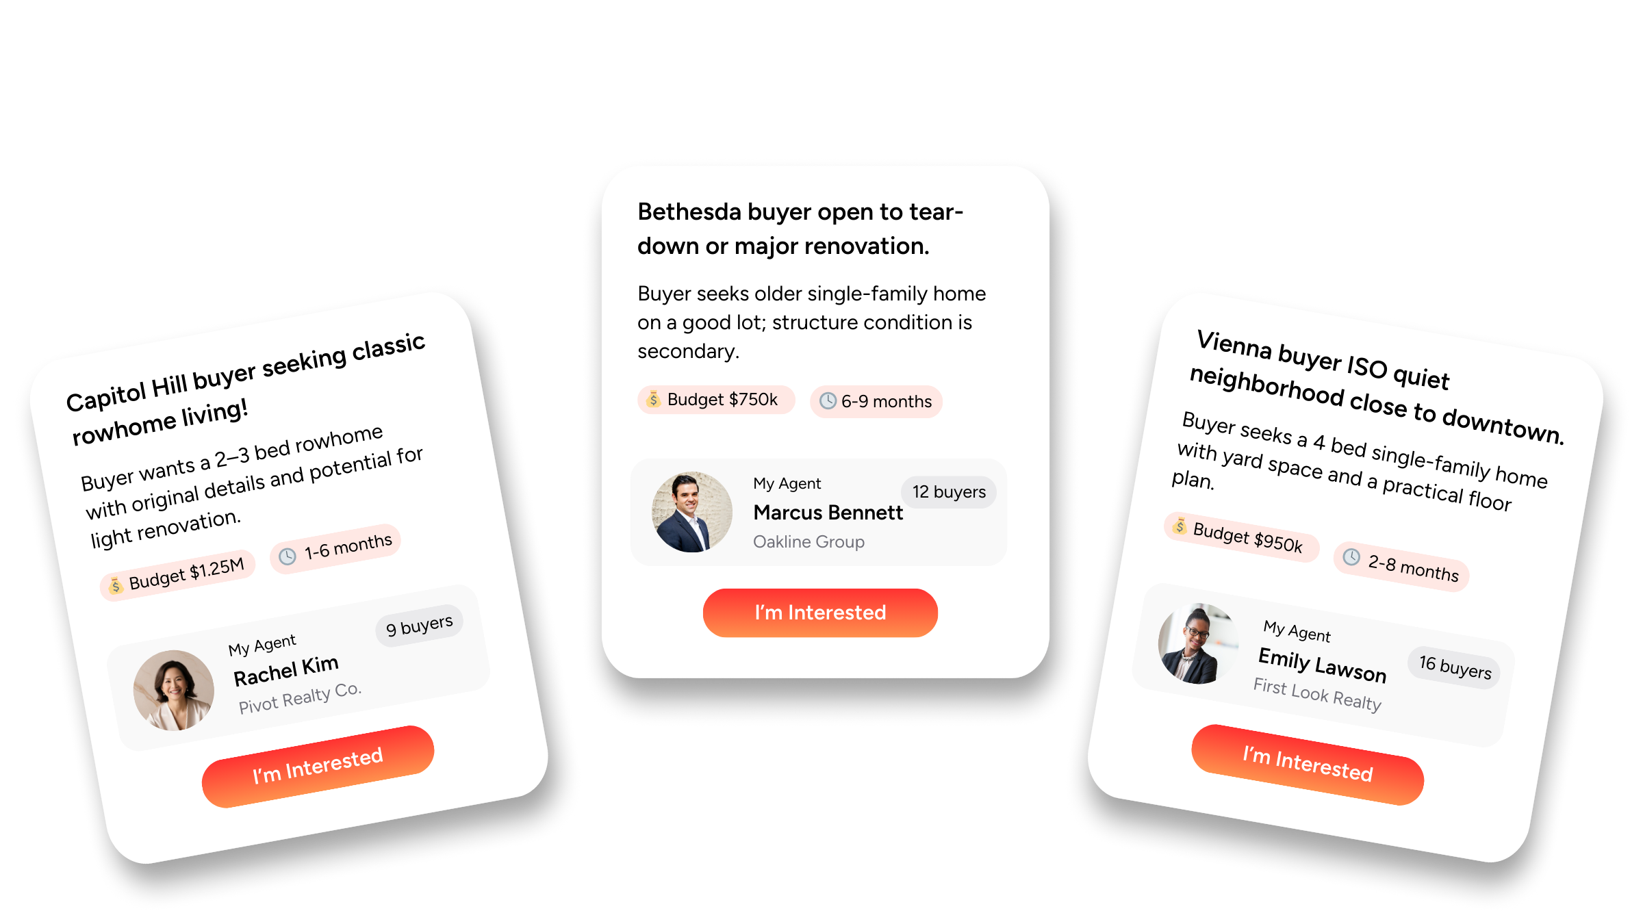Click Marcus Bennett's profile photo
pyautogui.click(x=691, y=512)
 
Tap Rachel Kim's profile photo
pyautogui.click(x=174, y=690)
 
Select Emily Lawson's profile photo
pyautogui.click(x=1198, y=643)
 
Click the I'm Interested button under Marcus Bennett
pyautogui.click(x=820, y=613)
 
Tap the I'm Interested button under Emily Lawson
pyautogui.click(x=1308, y=765)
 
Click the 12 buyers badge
pyautogui.click(x=949, y=492)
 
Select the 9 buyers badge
pyautogui.click(x=419, y=625)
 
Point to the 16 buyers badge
pyautogui.click(x=1455, y=667)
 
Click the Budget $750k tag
pyautogui.click(x=716, y=400)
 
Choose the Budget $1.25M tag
pyautogui.click(x=178, y=575)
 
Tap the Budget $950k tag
pyautogui.click(x=1242, y=537)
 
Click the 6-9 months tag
pyautogui.click(x=876, y=402)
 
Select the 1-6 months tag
pyautogui.click(x=335, y=549)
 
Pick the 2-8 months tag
pyautogui.click(x=1401, y=567)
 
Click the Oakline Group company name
pyautogui.click(x=808, y=542)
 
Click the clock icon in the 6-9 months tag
pyautogui.click(x=828, y=401)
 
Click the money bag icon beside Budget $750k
pyautogui.click(x=653, y=399)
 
